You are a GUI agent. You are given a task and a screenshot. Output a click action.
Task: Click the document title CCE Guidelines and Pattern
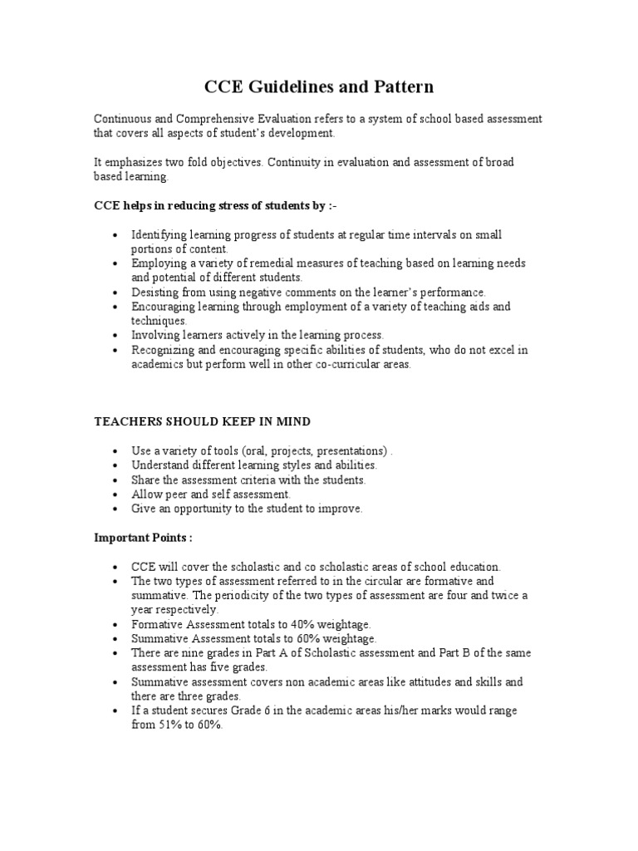(319, 86)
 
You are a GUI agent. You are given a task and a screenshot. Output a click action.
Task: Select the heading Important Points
(142, 538)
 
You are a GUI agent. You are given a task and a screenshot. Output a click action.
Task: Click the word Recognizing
(161, 350)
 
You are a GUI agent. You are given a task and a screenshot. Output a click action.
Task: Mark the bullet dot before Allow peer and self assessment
(114, 494)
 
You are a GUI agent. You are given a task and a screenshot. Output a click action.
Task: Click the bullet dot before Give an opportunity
(114, 509)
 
